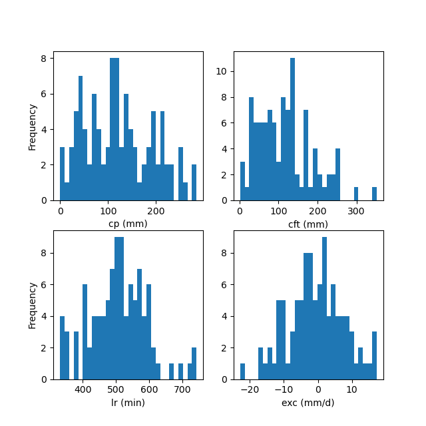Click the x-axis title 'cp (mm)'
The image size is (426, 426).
coord(128,224)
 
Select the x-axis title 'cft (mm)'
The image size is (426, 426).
coord(308,224)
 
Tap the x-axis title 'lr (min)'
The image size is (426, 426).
coord(128,403)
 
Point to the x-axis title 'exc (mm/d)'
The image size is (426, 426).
coord(308,403)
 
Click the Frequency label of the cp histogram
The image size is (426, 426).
coord(32,126)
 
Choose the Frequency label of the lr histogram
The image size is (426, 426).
coord(32,305)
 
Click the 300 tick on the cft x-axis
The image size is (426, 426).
coord(356,210)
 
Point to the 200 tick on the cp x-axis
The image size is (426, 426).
coord(156,210)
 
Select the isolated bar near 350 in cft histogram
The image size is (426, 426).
coord(374,194)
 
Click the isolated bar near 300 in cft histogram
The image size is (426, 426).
coord(356,194)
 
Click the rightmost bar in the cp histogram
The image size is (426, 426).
coord(194,182)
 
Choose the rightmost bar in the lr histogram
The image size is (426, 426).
coord(194,363)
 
